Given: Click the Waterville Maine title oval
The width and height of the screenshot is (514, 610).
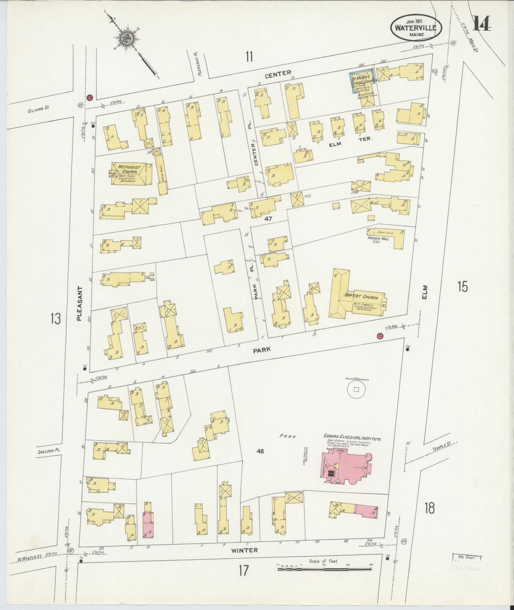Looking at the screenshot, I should [x=416, y=28].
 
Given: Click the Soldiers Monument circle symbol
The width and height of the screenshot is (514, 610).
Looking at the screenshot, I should [x=356, y=389].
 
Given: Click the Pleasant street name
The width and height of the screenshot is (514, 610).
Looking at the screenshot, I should [x=80, y=303].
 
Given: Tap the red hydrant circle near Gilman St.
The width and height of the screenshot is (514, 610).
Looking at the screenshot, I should [x=90, y=97].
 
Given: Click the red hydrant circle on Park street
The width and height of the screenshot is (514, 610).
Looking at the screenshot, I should [x=380, y=336].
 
